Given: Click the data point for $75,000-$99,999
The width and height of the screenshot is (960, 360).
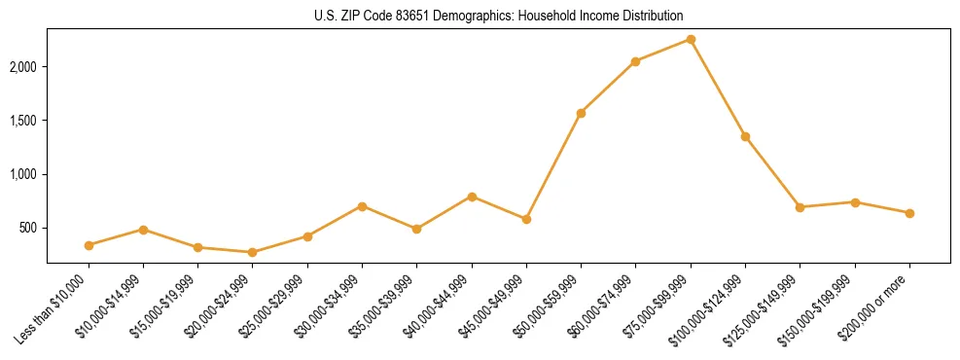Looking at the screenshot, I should tap(691, 39).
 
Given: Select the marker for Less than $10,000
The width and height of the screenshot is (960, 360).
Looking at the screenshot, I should tap(89, 245).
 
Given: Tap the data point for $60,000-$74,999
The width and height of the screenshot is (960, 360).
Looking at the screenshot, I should tap(635, 61).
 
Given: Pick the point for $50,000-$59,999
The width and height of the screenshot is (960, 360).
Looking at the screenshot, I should tap(581, 113).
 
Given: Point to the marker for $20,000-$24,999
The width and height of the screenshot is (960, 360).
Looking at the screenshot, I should tap(253, 252).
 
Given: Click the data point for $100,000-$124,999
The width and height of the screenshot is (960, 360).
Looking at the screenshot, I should tap(745, 136).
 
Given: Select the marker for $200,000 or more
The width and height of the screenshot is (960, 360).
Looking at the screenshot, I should tap(909, 213).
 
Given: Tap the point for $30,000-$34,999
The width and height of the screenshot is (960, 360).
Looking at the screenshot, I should tap(362, 206).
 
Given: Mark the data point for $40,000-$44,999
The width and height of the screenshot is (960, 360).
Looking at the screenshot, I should tap(472, 197).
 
